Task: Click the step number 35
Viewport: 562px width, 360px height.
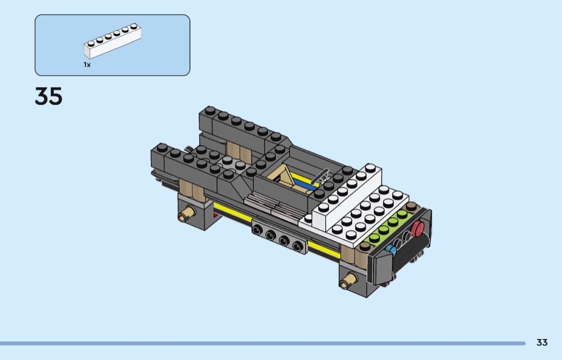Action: click(x=48, y=96)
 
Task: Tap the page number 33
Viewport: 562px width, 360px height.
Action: click(x=542, y=342)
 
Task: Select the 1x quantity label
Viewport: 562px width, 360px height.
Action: click(x=87, y=65)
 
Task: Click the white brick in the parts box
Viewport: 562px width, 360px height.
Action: click(x=112, y=41)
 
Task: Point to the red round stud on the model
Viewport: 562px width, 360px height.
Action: click(x=417, y=228)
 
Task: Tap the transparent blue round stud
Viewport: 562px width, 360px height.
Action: click(x=390, y=250)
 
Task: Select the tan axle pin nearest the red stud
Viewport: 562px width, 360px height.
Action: click(x=348, y=279)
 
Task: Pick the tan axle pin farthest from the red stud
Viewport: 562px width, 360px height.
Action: click(x=187, y=213)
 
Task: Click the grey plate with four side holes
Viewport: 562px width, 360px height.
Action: click(x=279, y=237)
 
